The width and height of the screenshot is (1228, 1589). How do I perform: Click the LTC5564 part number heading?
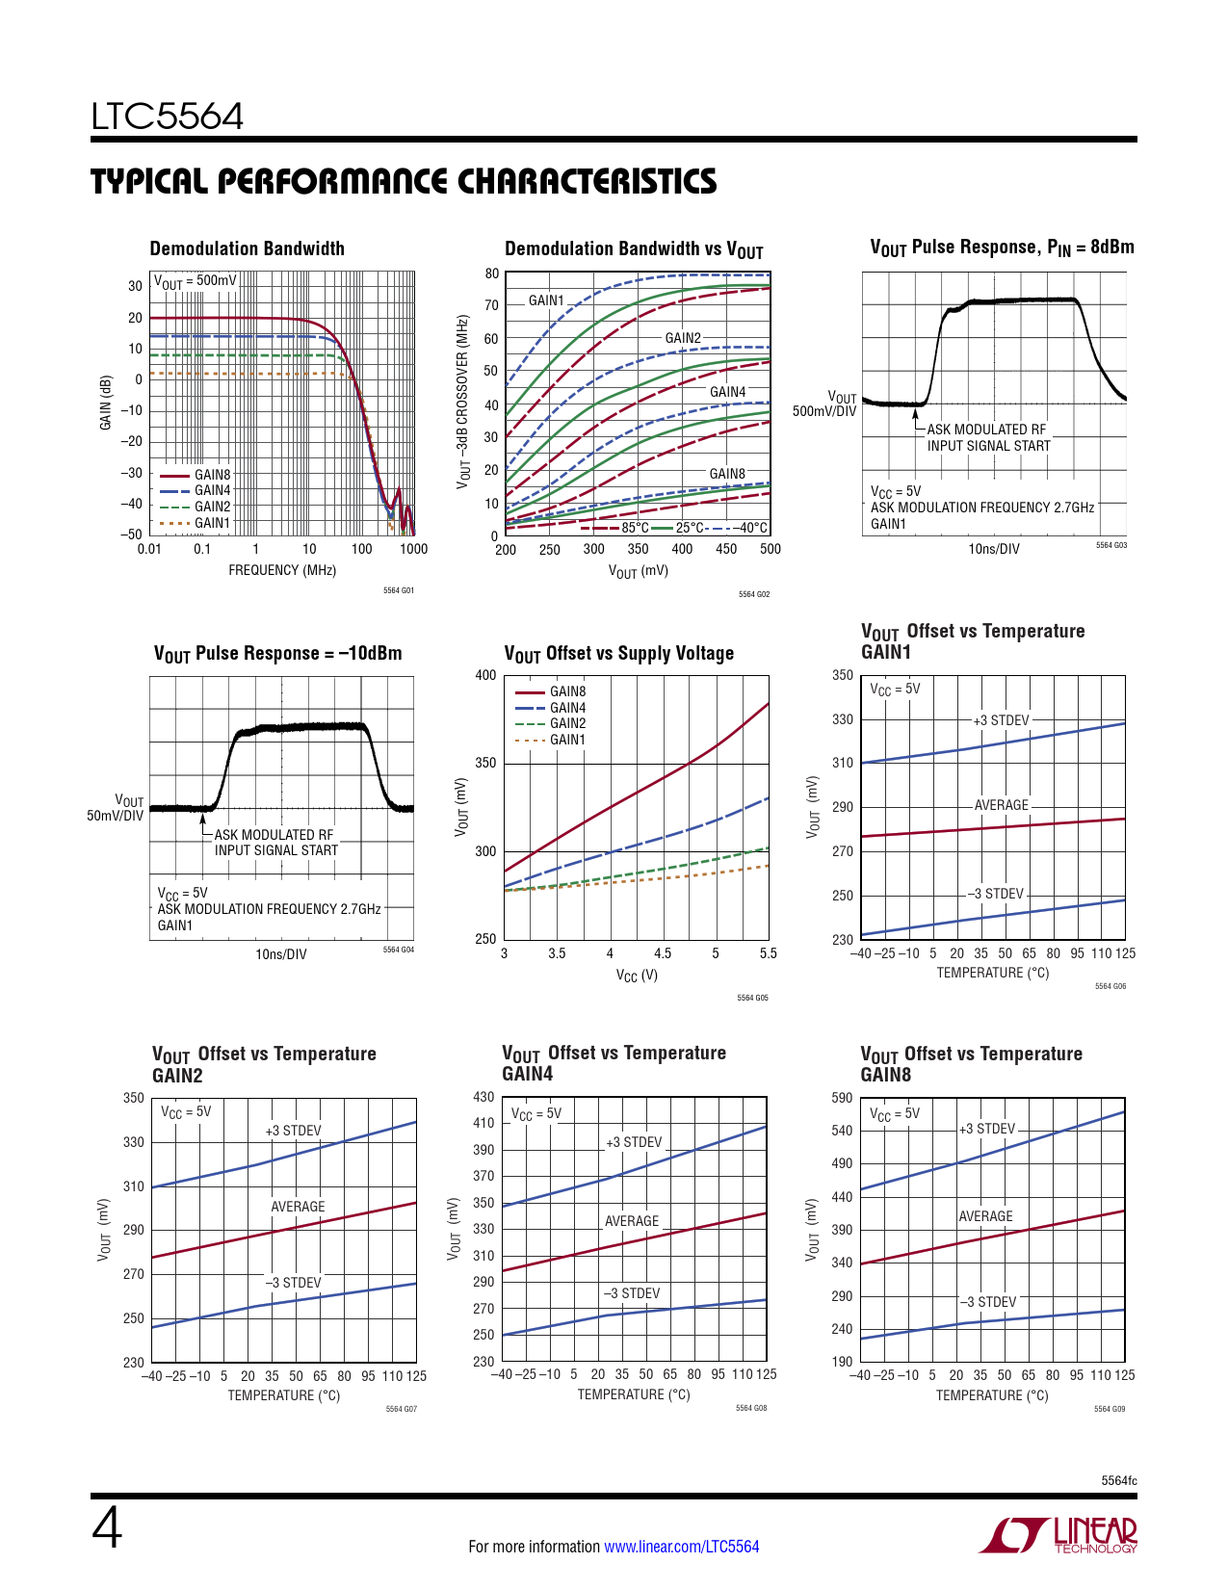[167, 117]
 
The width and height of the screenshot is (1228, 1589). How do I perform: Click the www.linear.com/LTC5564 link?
[681, 1547]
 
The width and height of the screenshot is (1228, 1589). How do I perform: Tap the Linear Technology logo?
[1058, 1535]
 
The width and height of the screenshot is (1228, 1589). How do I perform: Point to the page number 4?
[107, 1529]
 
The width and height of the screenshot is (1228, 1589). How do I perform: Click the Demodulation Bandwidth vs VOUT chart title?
[634, 249]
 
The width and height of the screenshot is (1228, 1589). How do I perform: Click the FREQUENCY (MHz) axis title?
[282, 570]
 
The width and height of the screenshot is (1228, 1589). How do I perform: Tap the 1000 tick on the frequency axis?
[413, 549]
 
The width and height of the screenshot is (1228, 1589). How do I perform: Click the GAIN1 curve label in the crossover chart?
[546, 300]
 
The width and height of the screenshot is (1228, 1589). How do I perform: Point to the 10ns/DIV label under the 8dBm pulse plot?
[993, 549]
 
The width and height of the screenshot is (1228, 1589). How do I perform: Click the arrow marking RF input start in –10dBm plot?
[203, 821]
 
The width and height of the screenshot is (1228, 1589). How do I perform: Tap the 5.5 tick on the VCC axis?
[768, 953]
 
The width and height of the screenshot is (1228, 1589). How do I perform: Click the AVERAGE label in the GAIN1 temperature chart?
[1001, 805]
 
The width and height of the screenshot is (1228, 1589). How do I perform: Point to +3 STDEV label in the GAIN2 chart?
[293, 1131]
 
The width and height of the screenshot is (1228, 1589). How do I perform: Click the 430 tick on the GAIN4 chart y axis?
[483, 1097]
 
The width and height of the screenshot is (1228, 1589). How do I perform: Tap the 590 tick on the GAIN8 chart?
[842, 1098]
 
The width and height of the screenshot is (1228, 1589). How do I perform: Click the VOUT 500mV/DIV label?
[824, 404]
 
